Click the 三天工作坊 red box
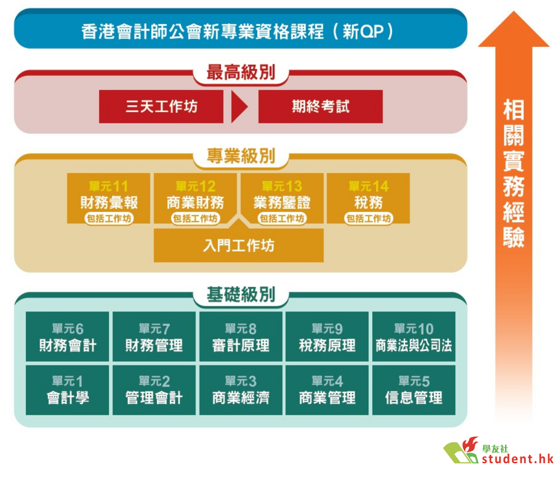pos(161,106)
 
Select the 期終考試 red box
pos(320,106)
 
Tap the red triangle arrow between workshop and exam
pos(239,106)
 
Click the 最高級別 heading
pos(241,73)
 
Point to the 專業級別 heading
pos(241,156)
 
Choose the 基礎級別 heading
pos(241,295)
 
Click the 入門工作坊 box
pos(239,246)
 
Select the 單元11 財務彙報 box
pos(108,198)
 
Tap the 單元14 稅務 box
pos(368,198)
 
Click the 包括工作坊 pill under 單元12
pos(195,218)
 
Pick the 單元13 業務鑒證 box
pos(282,198)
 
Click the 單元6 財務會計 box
pos(67,336)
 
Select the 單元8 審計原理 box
pos(241,336)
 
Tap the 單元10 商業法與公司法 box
pos(414,336)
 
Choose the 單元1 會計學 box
pos(67,390)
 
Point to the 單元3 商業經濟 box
pos(241,390)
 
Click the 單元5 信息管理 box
pos(414,390)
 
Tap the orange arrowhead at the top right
pos(513,31)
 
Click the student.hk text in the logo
pos(517,458)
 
